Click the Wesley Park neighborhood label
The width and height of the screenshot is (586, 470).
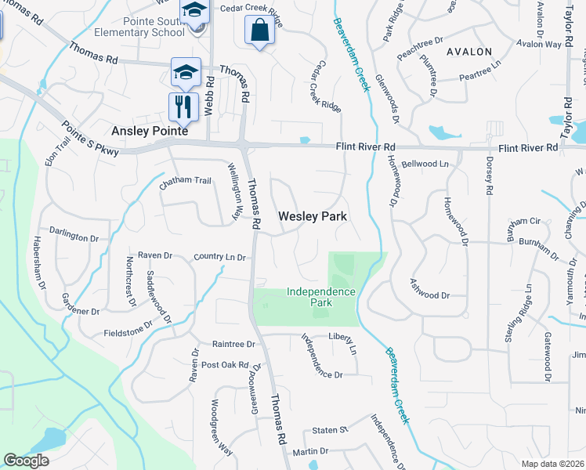pyautogui.click(x=313, y=215)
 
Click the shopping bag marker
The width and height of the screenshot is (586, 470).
pyautogui.click(x=259, y=31)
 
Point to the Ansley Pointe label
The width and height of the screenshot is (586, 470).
pyautogui.click(x=149, y=132)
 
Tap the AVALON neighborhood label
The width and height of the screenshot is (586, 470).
pyautogui.click(x=469, y=52)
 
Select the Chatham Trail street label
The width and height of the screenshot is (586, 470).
pyautogui.click(x=186, y=181)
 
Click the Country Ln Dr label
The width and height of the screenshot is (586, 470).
pyautogui.click(x=220, y=257)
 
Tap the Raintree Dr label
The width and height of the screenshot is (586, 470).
pyautogui.click(x=233, y=344)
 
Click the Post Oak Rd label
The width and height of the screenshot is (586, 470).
pyautogui.click(x=224, y=365)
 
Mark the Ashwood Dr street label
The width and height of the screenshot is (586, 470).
pyautogui.click(x=430, y=295)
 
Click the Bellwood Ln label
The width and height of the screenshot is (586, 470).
pyautogui.click(x=425, y=164)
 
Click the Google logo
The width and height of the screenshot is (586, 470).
pyautogui.click(x=26, y=460)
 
